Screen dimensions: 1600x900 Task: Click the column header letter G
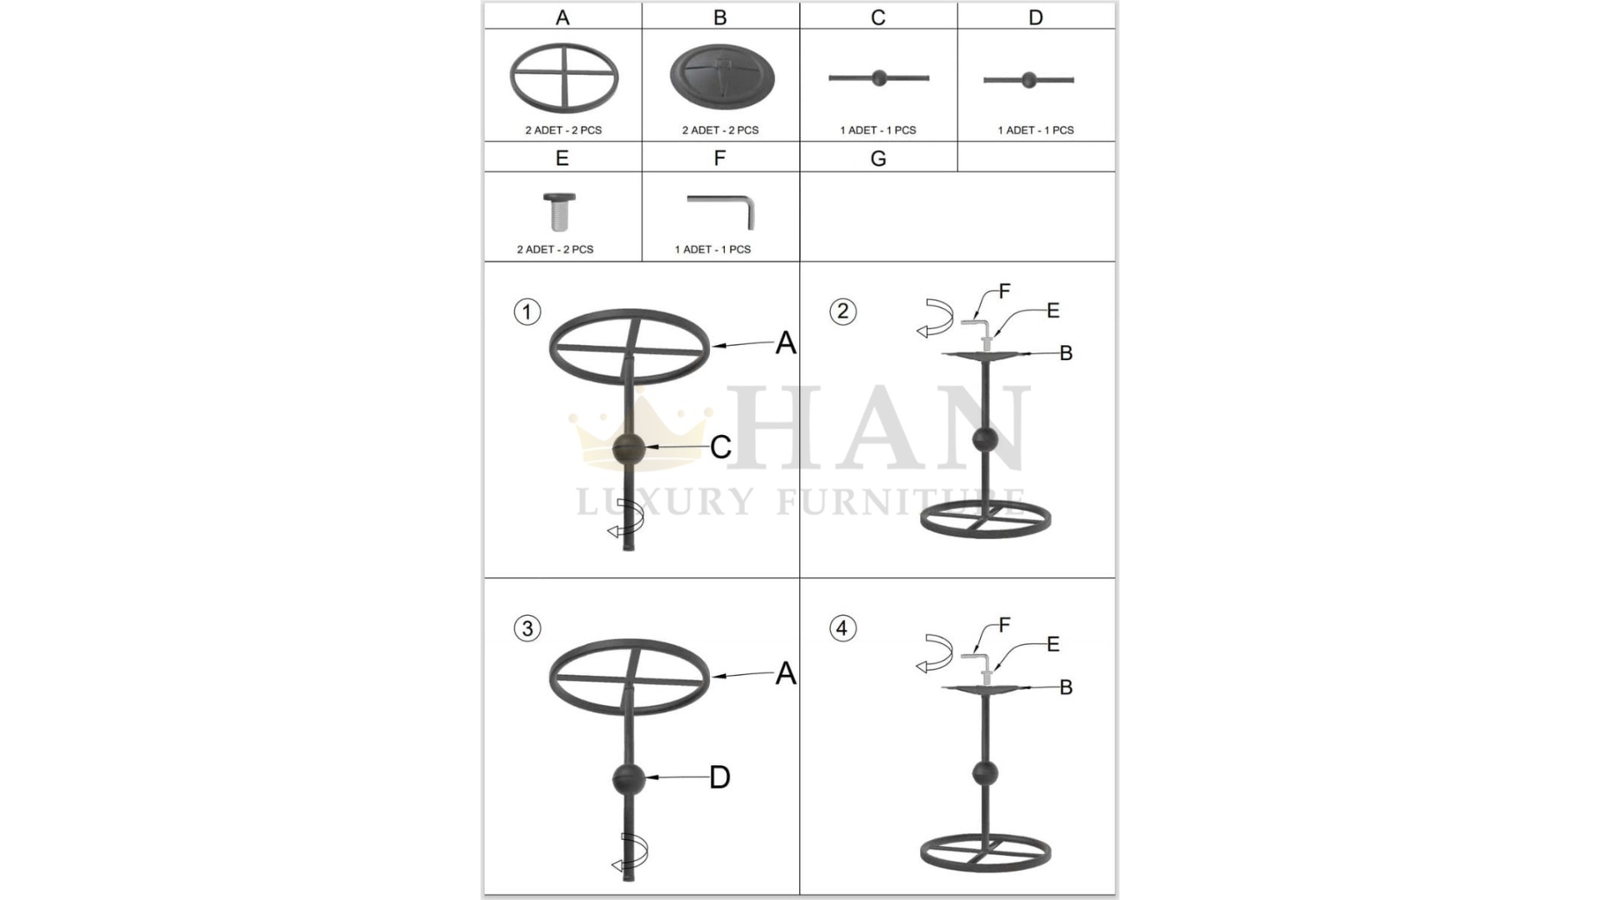[877, 158]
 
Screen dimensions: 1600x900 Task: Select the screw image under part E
[559, 212]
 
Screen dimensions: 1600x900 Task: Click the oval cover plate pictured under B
[722, 77]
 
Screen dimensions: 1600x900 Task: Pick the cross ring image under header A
[564, 77]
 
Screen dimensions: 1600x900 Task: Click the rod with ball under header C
[878, 78]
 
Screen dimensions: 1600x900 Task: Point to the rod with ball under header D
[1028, 80]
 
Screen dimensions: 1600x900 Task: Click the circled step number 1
[527, 312]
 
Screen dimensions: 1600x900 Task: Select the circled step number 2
[842, 312]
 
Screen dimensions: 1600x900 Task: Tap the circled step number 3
[527, 628]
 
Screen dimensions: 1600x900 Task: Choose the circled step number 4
[842, 628]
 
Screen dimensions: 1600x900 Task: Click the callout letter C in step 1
[721, 447]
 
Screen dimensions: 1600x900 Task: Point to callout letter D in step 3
[720, 777]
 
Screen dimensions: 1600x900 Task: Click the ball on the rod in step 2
[985, 439]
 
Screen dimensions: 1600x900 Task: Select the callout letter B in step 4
[1066, 687]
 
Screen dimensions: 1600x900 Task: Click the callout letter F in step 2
[1004, 291]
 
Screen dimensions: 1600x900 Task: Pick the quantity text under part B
[721, 130]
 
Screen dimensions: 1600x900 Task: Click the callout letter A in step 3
[786, 673]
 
